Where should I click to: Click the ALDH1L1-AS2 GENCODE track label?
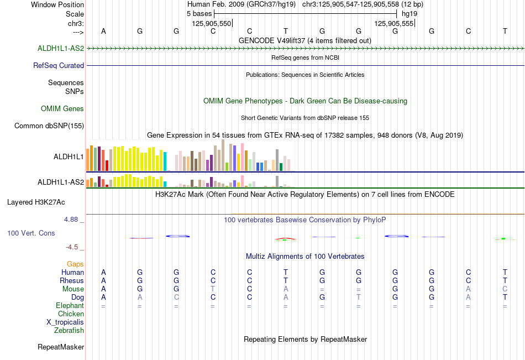[61, 48]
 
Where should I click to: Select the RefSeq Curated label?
[59, 65]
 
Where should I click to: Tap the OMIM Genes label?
[62, 108]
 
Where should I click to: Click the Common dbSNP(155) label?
[49, 126]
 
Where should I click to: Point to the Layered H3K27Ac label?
[36, 202]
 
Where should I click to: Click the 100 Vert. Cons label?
[31, 233]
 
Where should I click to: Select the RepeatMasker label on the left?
[61, 347]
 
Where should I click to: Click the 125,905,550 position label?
[212, 23]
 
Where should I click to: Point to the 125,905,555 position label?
[393, 23]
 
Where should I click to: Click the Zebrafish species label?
[69, 330]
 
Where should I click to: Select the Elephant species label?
[70, 305]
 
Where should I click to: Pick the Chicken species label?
[71, 314]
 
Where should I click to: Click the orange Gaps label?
[75, 264]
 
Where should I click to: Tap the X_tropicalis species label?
[65, 322]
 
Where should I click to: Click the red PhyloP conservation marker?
[285, 239]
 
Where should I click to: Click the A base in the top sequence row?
[103, 31]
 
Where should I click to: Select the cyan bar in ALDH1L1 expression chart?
[165, 161]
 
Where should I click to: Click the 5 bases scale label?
[199, 14]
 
